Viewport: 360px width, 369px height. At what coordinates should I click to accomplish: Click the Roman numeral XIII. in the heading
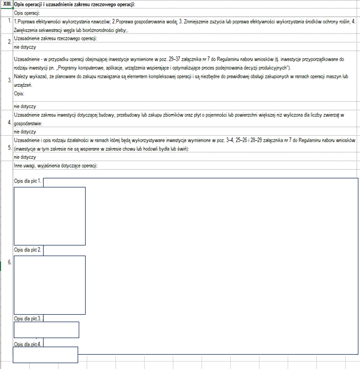point(8,5)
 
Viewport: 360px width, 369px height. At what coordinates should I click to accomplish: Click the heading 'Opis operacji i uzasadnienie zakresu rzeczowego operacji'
point(74,5)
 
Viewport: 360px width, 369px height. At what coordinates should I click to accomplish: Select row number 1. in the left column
point(10,21)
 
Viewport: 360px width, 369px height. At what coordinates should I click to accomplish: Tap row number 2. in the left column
point(10,41)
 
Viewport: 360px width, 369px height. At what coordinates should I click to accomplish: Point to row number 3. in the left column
point(10,80)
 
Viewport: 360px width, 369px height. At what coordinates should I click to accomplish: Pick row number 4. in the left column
point(10,122)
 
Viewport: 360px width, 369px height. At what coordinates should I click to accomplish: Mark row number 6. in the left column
point(10,263)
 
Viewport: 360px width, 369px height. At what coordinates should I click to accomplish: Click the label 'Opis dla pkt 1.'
point(28,182)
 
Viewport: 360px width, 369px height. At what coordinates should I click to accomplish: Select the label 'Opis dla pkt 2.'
point(28,249)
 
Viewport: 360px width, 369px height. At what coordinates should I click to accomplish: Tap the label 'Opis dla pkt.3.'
point(28,318)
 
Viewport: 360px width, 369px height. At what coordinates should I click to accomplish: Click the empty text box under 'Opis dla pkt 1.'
point(49,216)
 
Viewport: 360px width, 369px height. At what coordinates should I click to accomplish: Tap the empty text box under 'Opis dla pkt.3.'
point(46,330)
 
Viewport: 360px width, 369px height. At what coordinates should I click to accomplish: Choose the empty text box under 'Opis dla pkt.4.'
point(46,355)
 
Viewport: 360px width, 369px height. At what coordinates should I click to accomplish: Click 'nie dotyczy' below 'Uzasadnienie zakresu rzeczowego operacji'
point(24,47)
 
